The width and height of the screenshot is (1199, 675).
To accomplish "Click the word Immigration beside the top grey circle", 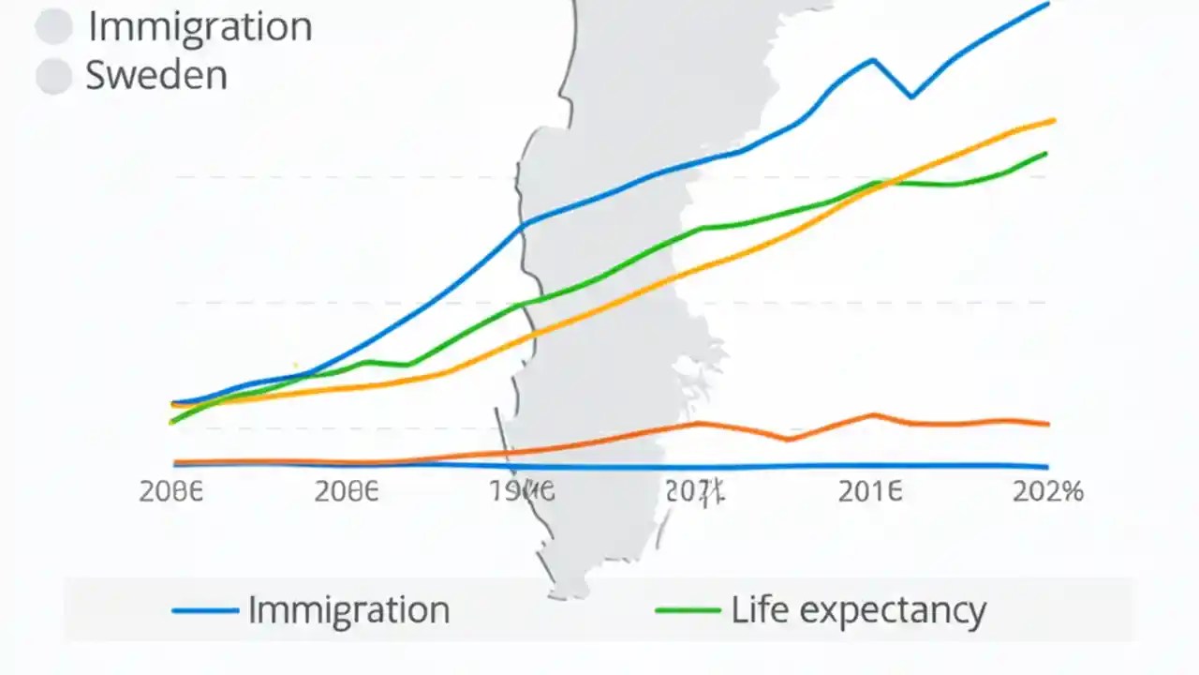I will (x=200, y=26).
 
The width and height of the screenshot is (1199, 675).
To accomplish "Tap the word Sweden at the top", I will (x=156, y=75).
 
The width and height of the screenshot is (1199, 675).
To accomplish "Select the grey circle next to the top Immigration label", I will (x=54, y=26).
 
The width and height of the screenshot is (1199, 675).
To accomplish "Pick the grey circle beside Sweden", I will (x=54, y=77).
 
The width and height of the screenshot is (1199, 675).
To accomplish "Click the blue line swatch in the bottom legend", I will (x=205, y=611).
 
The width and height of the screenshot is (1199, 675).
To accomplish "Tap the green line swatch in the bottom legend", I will (x=688, y=611).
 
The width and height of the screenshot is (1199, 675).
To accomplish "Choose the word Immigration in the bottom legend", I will (x=348, y=610).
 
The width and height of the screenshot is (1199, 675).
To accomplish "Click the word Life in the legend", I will (x=760, y=609).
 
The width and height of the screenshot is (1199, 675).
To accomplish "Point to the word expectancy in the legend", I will (x=894, y=611).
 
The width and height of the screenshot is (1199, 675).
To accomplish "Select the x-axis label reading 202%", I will (x=1047, y=491).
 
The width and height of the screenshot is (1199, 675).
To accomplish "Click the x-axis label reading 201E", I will (x=870, y=491).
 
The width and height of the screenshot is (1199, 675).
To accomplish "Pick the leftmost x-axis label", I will (x=170, y=491).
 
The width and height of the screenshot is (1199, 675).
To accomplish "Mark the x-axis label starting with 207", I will (x=695, y=491).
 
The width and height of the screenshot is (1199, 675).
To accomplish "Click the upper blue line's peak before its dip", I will (x=873, y=60).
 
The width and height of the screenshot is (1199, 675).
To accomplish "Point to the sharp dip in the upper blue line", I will (x=911, y=97).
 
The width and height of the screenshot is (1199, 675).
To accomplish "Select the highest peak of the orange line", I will (x=873, y=414).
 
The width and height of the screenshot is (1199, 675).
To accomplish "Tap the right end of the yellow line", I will (x=1054, y=120).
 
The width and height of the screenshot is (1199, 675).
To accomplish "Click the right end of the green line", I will (x=1045, y=153).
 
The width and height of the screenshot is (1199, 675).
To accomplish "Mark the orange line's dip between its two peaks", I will (x=790, y=439).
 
